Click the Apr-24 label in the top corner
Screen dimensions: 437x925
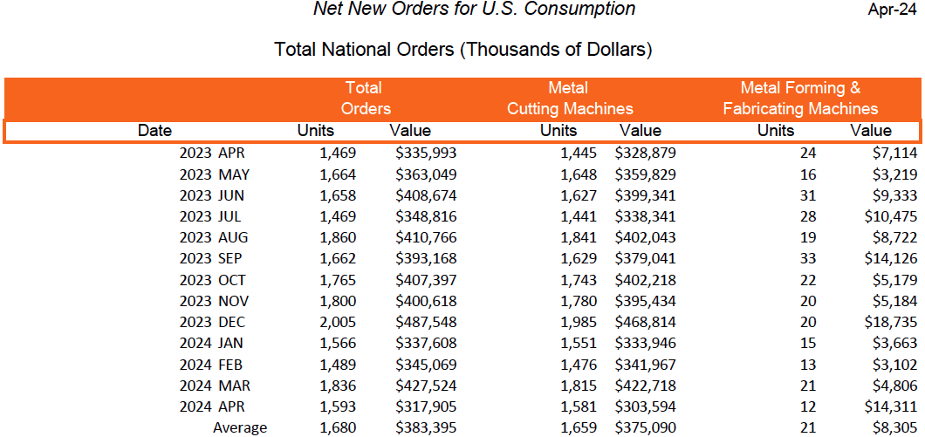pos(892,10)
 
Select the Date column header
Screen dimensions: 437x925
pos(154,131)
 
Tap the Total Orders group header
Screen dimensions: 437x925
pos(365,99)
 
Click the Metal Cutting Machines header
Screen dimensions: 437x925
pos(569,99)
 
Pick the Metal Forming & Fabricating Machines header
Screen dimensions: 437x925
pos(800,99)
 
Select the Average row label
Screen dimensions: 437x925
pos(240,428)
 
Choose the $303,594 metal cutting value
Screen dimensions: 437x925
pos(644,407)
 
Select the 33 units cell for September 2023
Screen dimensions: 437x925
pos(807,259)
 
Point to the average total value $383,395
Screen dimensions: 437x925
pos(426,428)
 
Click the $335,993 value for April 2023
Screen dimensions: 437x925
pos(426,153)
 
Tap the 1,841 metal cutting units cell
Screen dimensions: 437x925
pos(579,237)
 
